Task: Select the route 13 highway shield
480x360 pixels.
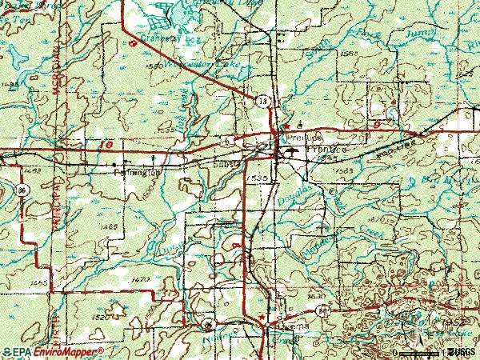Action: pyautogui.click(x=262, y=101)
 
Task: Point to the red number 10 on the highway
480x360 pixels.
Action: pyautogui.click(x=108, y=146)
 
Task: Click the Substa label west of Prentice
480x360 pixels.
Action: pyautogui.click(x=227, y=163)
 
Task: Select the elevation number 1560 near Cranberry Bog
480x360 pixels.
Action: pyautogui.click(x=154, y=65)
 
